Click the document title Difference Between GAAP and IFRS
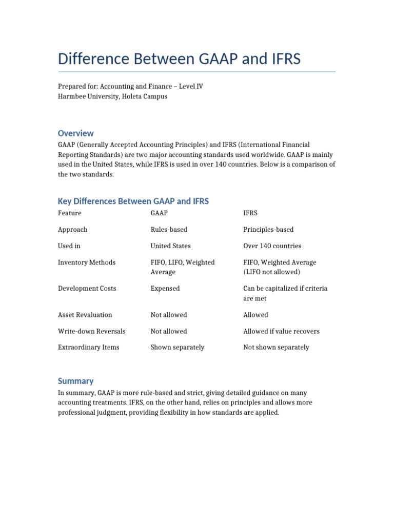click(x=179, y=59)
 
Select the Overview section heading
click(x=76, y=133)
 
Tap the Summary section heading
click(x=75, y=381)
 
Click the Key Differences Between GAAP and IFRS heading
click(x=133, y=201)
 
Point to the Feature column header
click(x=69, y=213)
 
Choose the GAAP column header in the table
click(x=159, y=213)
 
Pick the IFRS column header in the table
click(x=250, y=213)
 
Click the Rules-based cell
click(x=169, y=230)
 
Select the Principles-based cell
click(x=268, y=230)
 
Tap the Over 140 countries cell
click(x=272, y=246)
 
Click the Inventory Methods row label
click(x=87, y=262)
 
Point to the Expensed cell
click(x=165, y=289)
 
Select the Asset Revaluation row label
click(x=85, y=315)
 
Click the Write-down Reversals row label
click(x=91, y=331)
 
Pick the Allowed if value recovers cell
click(x=281, y=331)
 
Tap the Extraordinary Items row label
click(x=88, y=347)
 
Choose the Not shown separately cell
click(x=276, y=347)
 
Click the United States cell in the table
click(x=170, y=246)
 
